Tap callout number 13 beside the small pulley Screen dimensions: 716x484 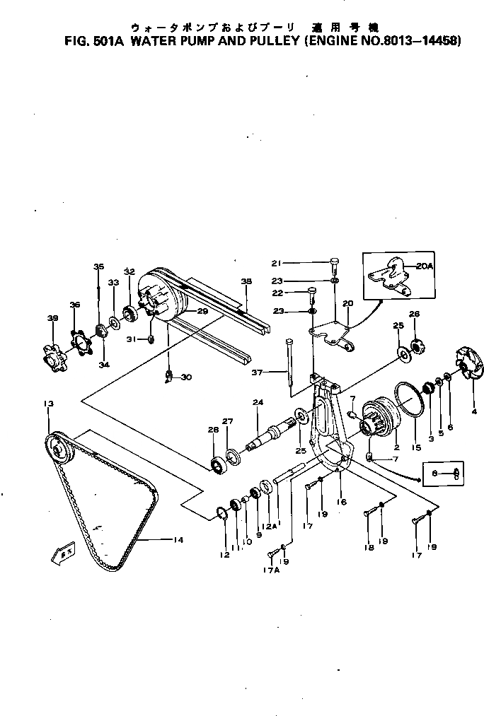coord(48,404)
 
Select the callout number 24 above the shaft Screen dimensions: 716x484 coord(258,403)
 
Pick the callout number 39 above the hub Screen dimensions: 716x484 coord(52,319)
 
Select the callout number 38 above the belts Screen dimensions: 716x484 coord(246,281)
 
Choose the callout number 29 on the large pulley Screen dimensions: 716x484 coord(202,311)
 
